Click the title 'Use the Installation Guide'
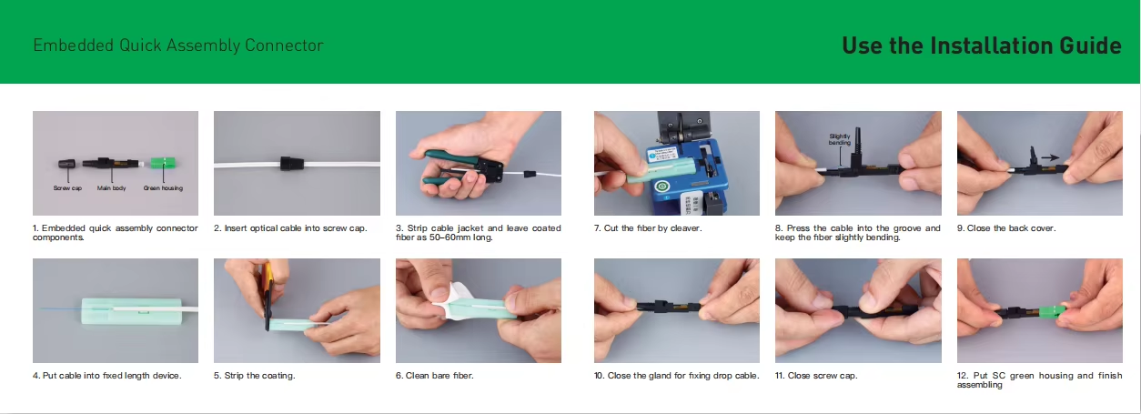click(981, 45)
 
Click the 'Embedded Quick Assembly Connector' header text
click(178, 45)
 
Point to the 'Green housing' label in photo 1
click(163, 187)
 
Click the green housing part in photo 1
click(163, 164)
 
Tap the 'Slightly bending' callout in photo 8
click(839, 140)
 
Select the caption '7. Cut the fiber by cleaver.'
click(648, 228)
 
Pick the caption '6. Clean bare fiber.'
click(434, 376)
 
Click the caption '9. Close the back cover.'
click(1006, 228)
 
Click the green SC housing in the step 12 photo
click(1055, 312)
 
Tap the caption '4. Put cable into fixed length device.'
click(106, 376)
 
